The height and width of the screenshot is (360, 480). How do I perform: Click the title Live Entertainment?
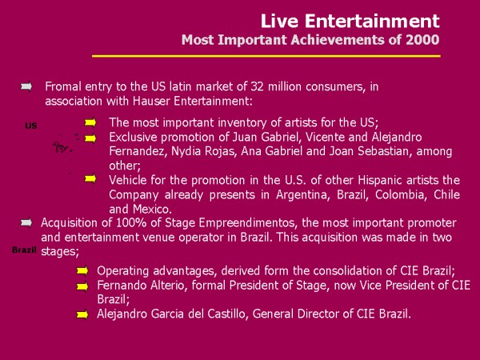350,21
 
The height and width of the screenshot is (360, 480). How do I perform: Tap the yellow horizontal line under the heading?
266,56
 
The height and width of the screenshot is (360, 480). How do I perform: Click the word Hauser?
151,101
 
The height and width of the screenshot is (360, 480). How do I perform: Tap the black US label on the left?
31,126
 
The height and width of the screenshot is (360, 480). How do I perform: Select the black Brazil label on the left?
24,250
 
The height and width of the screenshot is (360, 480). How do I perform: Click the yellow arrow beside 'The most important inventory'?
90,122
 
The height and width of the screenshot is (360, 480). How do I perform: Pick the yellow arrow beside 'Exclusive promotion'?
90,138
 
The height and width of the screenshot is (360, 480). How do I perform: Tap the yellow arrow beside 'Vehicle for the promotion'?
90,178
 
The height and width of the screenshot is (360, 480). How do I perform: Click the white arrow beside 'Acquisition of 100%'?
26,222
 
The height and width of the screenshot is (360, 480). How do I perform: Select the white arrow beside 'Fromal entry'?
26,86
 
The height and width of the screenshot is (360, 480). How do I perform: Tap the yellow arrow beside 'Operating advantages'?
82,271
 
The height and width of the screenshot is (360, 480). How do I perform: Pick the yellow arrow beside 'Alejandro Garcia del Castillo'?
82,314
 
